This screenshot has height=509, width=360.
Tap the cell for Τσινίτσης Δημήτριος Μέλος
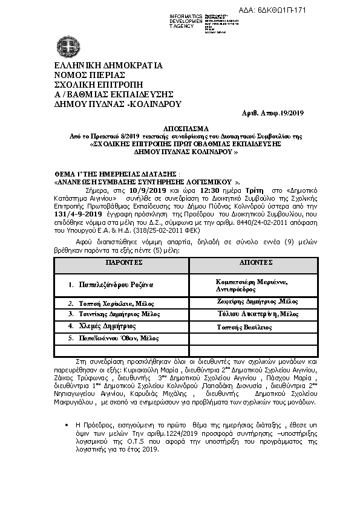110,314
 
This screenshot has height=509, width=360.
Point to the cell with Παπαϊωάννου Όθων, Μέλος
109,337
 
